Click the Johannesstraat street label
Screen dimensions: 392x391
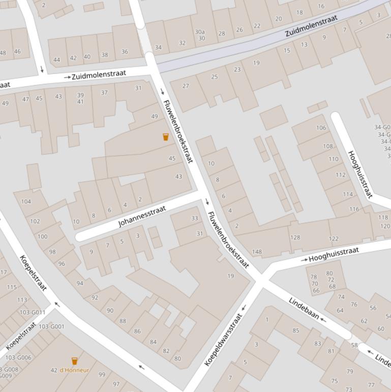pyautogui.click(x=142, y=216)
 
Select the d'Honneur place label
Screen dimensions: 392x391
pyautogui.click(x=74, y=370)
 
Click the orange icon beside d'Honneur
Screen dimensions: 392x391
pyautogui.click(x=74, y=361)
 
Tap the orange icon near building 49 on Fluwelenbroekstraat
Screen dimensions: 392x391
pyautogui.click(x=165, y=137)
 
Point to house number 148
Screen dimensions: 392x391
pyautogui.click(x=257, y=251)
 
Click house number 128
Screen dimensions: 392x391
pyautogui.click(x=295, y=237)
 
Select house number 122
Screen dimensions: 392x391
pyautogui.click(x=334, y=238)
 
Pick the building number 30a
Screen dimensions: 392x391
pyautogui.click(x=200, y=32)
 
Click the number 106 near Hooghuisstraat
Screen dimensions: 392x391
pyautogui.click(x=321, y=128)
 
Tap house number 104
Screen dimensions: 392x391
pyautogui.click(x=26, y=201)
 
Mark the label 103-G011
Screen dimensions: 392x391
pyautogui.click(x=33, y=313)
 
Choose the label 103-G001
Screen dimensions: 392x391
pyautogui.click(x=51, y=326)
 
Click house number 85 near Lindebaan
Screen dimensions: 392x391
pyautogui.click(x=296, y=330)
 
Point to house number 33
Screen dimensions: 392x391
pyautogui.click(x=194, y=218)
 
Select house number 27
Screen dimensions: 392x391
pyautogui.click(x=186, y=86)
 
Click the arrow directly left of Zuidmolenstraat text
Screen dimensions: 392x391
pyautogui.click(x=67, y=77)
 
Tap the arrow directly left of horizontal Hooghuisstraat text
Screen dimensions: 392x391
pyautogui.click(x=304, y=260)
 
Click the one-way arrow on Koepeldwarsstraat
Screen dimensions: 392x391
pyautogui.click(x=244, y=307)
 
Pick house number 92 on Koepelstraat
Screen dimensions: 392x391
pyautogui.click(x=95, y=297)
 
